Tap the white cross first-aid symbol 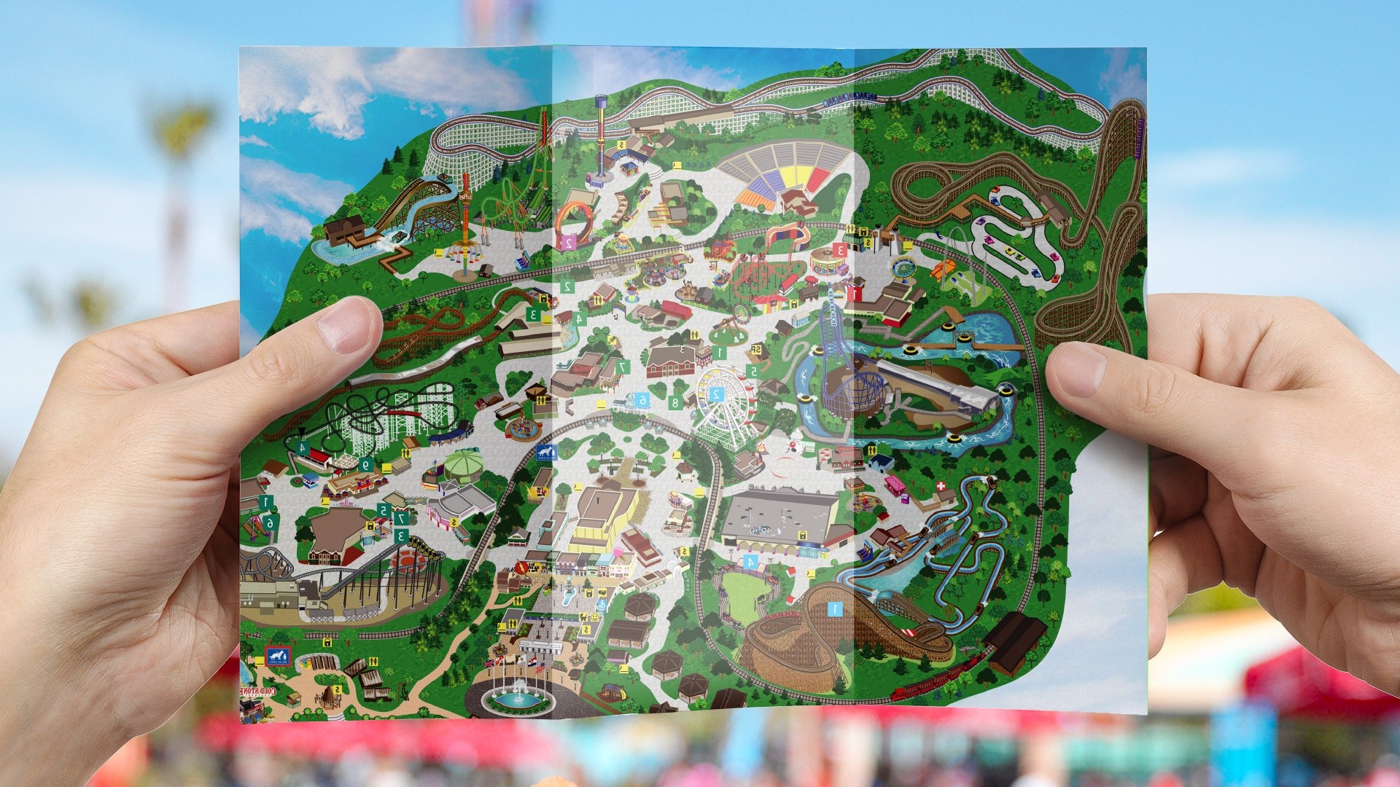click(x=941, y=485)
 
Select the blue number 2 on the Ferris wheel click(x=716, y=394)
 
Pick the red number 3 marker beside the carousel click(x=839, y=250)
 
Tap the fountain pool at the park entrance click(x=518, y=701)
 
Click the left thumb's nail click(x=343, y=324)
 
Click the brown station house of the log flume click(x=343, y=230)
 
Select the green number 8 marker click(x=675, y=402)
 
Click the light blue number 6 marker click(x=642, y=400)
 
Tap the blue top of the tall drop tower click(x=601, y=102)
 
